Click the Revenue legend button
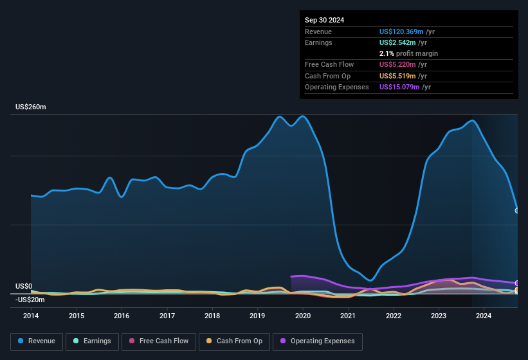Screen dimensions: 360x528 click(37, 341)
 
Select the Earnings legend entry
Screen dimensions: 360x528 click(91, 341)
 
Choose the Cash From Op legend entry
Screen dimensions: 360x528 click(234, 341)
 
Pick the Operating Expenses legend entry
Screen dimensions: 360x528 click(318, 341)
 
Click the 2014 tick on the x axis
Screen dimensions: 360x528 click(31, 316)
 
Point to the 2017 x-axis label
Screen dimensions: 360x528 click(167, 316)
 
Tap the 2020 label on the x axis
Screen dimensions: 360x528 click(303, 316)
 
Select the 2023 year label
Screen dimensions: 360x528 click(439, 316)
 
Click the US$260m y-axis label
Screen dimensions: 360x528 click(31, 107)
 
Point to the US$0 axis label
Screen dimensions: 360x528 click(24, 287)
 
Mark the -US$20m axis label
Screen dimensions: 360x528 click(30, 300)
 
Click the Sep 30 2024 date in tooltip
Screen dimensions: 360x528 click(324, 20)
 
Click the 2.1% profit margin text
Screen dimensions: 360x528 click(408, 53)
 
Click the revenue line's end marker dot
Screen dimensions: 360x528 click(517, 210)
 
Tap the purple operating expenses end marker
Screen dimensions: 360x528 click(517, 283)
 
